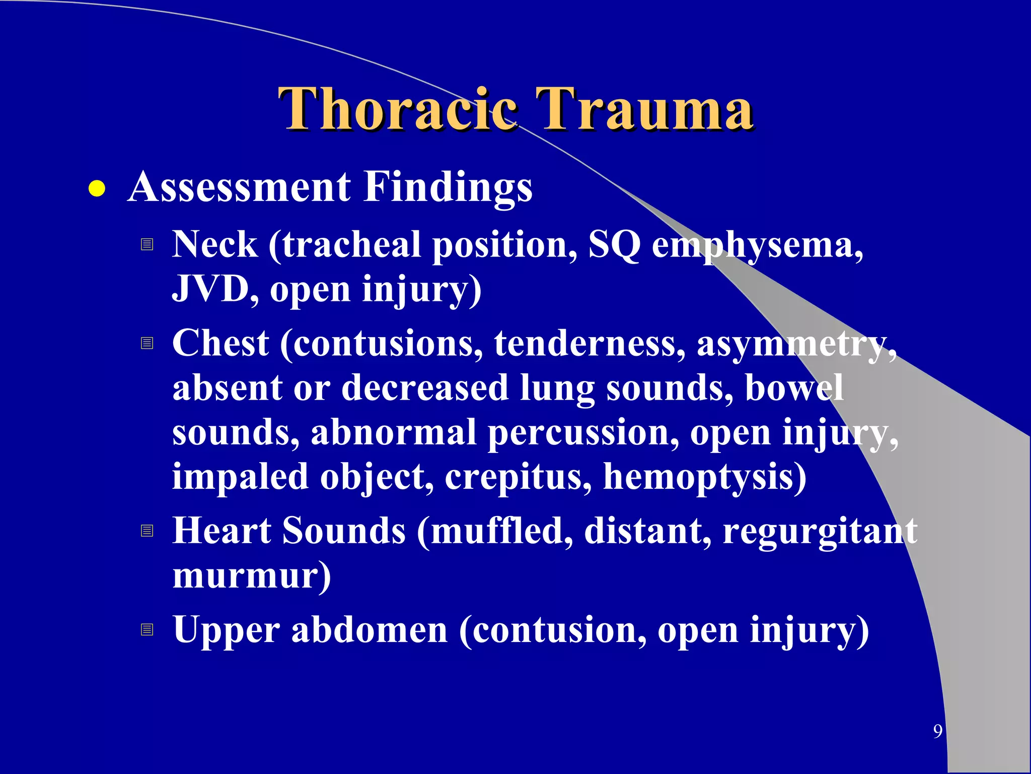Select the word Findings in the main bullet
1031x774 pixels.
click(448, 188)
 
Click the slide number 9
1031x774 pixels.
click(937, 731)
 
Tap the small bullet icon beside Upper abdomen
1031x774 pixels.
click(146, 629)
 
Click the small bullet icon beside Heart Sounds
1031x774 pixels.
click(146, 531)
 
